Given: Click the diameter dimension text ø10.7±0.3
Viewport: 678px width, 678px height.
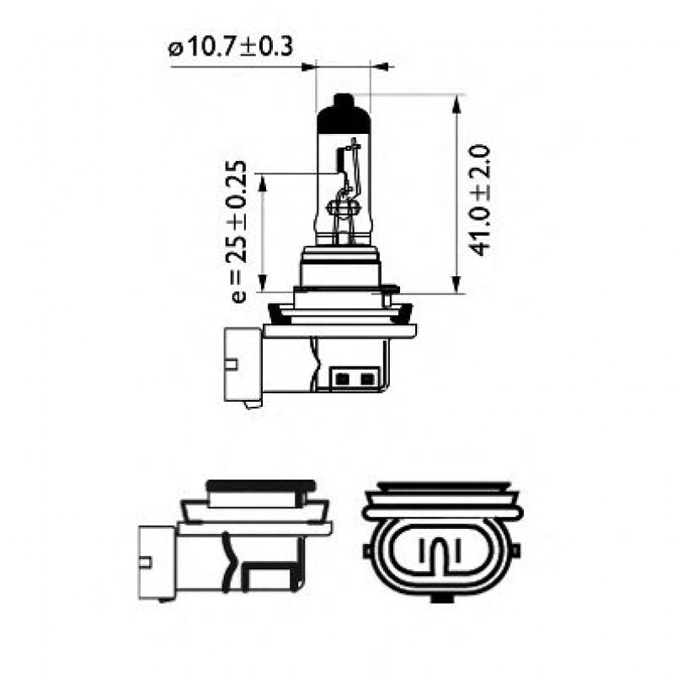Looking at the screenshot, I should coord(231,46).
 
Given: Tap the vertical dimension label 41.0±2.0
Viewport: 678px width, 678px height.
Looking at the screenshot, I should coord(481,199).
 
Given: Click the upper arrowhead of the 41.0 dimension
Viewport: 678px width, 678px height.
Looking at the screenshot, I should coord(456,104).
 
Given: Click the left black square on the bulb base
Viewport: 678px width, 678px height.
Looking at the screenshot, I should coord(342,380).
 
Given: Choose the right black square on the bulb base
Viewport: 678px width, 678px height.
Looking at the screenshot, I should coord(366,380).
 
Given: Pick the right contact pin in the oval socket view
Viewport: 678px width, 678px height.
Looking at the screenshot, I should coord(456,552).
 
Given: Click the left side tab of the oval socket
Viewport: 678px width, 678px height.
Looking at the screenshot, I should coord(369,552).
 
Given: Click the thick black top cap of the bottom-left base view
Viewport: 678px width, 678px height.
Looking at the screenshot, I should coord(260,485).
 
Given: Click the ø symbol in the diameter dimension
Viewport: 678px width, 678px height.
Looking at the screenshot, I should coord(176,48).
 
